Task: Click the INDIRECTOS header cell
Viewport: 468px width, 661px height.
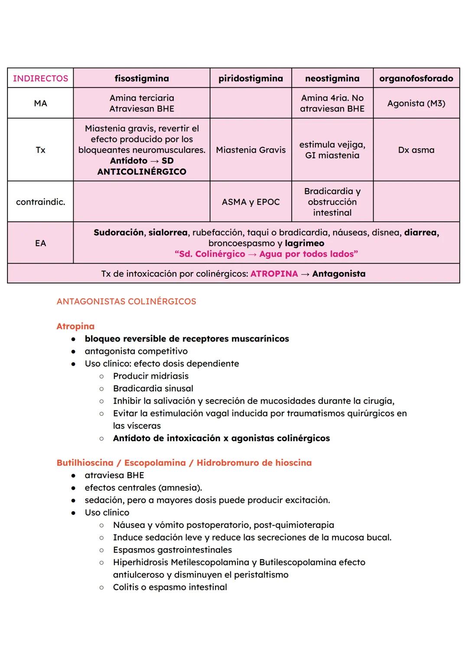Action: coord(40,78)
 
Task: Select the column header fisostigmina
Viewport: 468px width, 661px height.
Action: coord(142,78)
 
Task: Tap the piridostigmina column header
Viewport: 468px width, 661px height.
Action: coord(250,78)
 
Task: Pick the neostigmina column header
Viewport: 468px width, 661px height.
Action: coord(332,78)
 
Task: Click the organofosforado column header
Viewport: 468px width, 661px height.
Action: coord(416,78)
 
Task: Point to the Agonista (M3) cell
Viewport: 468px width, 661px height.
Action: coord(416,103)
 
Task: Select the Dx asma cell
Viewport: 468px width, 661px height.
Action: coord(416,150)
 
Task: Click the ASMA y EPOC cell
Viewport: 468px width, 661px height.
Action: coord(250,202)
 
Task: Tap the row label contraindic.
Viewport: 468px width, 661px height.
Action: coord(40,202)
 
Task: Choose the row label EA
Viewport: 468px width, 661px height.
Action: coord(40,243)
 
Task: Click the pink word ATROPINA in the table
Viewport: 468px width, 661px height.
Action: coord(274,274)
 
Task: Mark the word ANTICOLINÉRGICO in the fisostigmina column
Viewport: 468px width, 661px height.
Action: coord(142,172)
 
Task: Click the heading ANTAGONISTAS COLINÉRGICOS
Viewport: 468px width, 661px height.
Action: coord(126,301)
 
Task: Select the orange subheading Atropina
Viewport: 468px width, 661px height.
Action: coord(75,326)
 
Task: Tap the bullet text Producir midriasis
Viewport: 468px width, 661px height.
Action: coord(151,376)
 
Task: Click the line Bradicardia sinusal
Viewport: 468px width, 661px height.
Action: coord(153,388)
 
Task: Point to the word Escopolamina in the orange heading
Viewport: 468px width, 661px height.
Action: coord(155,462)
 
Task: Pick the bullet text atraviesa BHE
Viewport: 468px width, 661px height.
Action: coord(114,475)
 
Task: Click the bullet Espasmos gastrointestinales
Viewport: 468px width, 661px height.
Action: coord(172,550)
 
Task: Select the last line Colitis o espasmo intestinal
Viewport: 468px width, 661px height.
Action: coord(170,587)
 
